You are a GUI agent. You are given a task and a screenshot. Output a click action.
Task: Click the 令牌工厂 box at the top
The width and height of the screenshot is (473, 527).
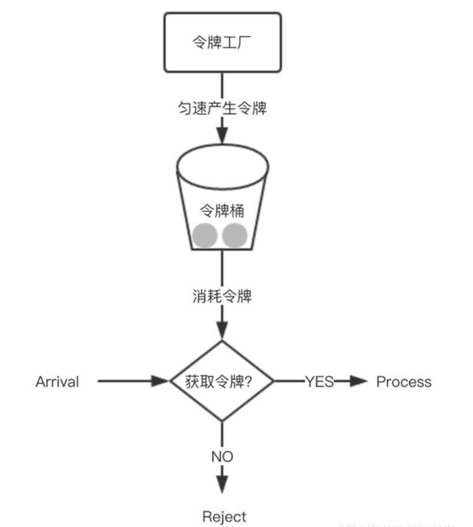222,43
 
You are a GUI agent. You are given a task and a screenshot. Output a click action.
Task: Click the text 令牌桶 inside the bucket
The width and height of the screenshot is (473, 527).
222,211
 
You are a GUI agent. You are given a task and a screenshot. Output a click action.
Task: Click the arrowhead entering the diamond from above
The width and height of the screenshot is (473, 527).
222,330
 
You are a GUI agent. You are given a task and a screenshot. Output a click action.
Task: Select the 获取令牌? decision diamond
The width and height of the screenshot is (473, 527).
222,382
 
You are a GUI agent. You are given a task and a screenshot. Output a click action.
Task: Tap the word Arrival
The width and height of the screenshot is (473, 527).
57,382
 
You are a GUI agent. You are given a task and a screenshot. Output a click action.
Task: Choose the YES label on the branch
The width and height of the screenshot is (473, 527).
319,382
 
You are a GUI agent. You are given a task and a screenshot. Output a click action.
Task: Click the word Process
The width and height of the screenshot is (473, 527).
404,382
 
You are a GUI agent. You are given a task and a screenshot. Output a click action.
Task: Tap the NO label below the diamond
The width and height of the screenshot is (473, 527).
222,457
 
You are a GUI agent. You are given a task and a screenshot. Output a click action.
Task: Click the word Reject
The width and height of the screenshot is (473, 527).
224,517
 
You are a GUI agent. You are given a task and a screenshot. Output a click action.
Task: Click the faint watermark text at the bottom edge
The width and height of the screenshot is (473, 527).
400,524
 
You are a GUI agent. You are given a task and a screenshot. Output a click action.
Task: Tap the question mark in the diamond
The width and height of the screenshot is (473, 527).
253,382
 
